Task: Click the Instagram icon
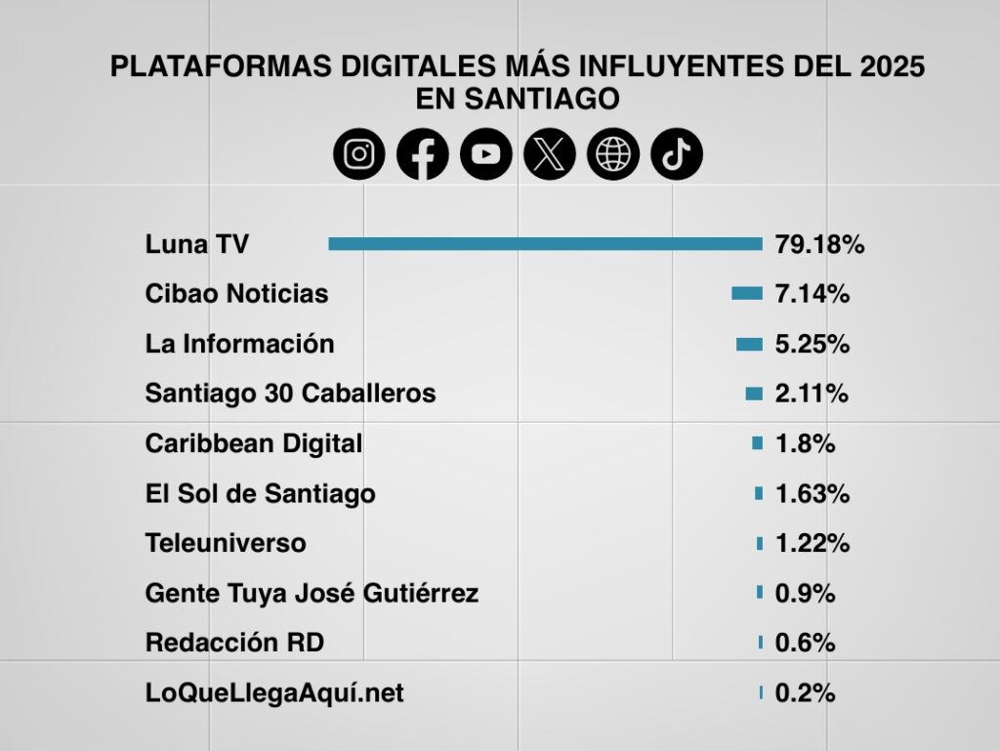tap(359, 154)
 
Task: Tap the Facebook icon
tap(423, 154)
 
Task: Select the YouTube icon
tap(486, 154)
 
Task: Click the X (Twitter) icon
tap(550, 154)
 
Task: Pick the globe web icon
tap(613, 154)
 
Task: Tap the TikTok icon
tap(677, 154)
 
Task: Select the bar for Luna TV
tap(545, 244)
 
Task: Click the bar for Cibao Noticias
tap(747, 293)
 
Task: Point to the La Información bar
tap(749, 344)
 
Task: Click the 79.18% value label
tap(819, 244)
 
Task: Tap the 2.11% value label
tap(812, 394)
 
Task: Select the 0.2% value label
tap(805, 693)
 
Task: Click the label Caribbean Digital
tap(253, 443)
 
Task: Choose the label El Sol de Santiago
tap(260, 494)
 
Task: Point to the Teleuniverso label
tap(226, 543)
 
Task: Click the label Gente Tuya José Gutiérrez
tap(312, 593)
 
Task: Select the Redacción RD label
tap(234, 643)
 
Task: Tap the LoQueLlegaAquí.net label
tap(274, 693)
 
